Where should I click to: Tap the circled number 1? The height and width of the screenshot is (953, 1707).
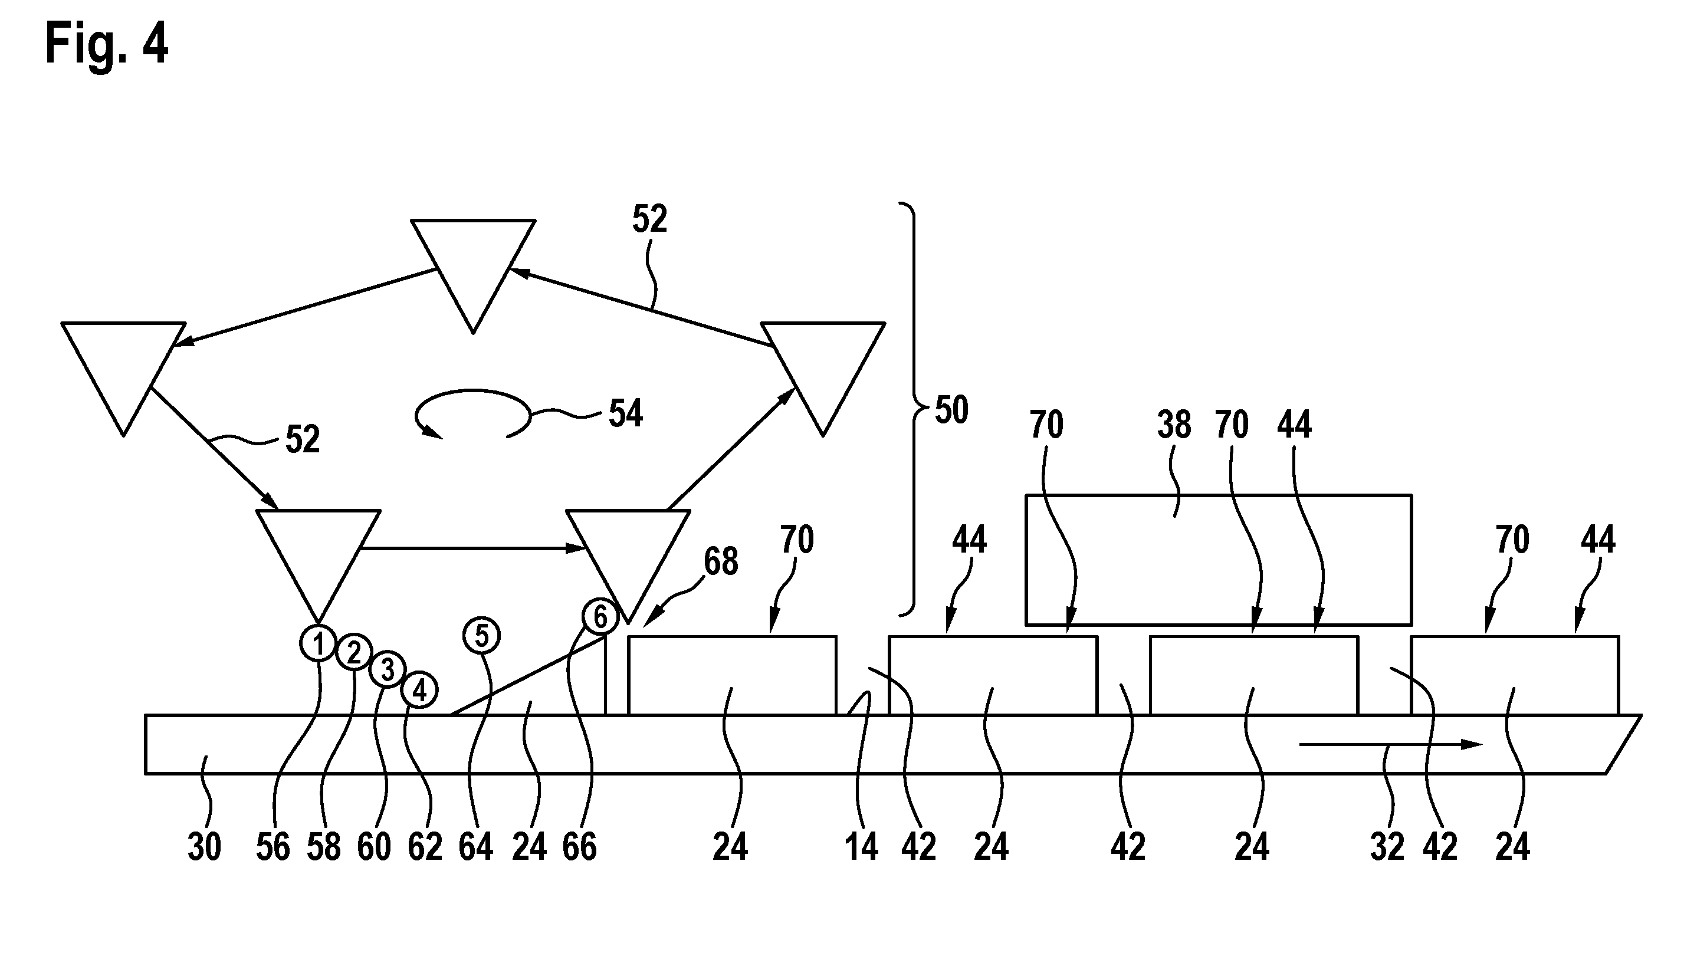pyautogui.click(x=319, y=643)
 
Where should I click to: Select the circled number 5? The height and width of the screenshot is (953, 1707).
pyautogui.click(x=482, y=636)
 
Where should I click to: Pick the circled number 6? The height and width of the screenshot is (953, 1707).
pyautogui.click(x=600, y=617)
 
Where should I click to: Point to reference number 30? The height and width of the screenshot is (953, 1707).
pyautogui.click(x=204, y=847)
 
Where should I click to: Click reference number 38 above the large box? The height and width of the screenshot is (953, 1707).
pyautogui.click(x=1174, y=425)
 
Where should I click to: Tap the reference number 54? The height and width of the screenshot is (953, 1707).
pyautogui.click(x=626, y=413)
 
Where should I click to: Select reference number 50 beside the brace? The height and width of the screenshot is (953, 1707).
pyautogui.click(x=951, y=410)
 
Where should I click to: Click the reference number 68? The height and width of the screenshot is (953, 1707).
pyautogui.click(x=721, y=562)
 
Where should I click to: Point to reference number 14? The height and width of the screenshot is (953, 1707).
pyautogui.click(x=861, y=847)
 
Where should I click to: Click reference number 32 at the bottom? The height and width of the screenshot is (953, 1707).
pyautogui.click(x=1387, y=847)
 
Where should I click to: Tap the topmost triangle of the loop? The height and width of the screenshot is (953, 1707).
pyautogui.click(x=473, y=265)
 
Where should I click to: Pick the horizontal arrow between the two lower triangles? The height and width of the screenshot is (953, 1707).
pyautogui.click(x=472, y=548)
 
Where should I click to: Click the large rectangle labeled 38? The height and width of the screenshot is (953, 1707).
pyautogui.click(x=1219, y=560)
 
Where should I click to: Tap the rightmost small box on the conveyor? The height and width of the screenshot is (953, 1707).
pyautogui.click(x=1515, y=676)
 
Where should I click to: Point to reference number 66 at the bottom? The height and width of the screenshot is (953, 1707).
pyautogui.click(x=580, y=847)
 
